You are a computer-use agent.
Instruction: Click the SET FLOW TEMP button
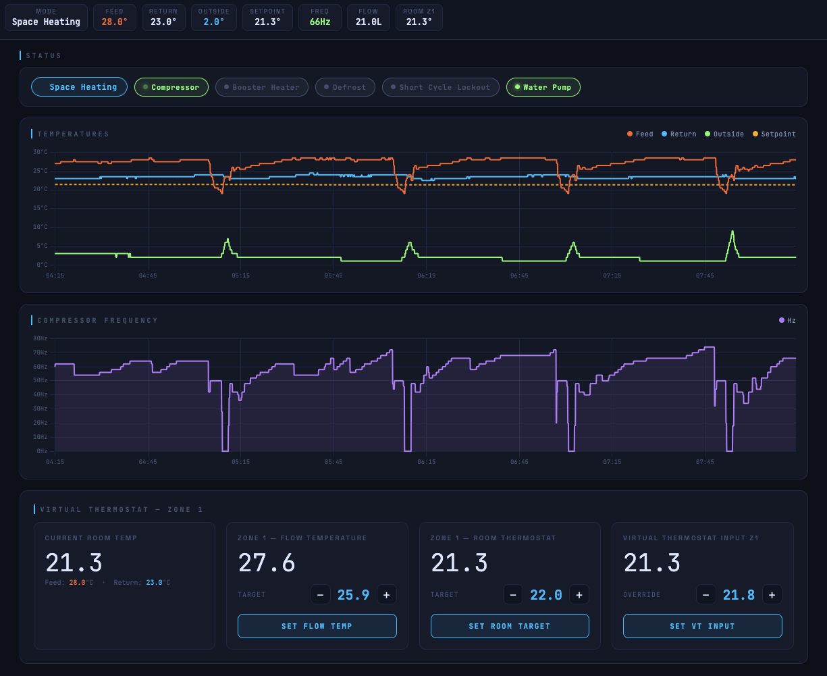[x=317, y=626]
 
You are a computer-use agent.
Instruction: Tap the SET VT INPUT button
[x=702, y=626]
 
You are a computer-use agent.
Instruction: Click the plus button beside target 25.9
[x=387, y=595]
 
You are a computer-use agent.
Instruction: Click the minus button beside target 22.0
[x=512, y=595]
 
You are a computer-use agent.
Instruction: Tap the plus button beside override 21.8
[x=772, y=595]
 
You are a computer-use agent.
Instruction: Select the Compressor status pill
[x=171, y=87]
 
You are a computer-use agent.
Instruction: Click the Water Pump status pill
[x=543, y=87]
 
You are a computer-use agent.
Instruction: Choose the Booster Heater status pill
[x=262, y=87]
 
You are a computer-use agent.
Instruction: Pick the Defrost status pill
[x=345, y=87]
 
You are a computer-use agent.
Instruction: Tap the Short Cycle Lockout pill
[x=441, y=87]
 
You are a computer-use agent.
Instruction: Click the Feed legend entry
[x=640, y=134]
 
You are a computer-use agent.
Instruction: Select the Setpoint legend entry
[x=774, y=134]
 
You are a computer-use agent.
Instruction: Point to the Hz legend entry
[x=787, y=320]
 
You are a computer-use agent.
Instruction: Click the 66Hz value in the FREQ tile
[x=320, y=22]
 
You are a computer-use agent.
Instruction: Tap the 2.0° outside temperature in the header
[x=214, y=22]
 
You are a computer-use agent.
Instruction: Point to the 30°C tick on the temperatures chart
[x=41, y=151]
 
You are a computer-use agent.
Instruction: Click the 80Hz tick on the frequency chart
[x=41, y=338]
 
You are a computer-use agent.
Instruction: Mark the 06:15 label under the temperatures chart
[x=426, y=276]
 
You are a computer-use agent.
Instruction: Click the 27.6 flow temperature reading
[x=266, y=563]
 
